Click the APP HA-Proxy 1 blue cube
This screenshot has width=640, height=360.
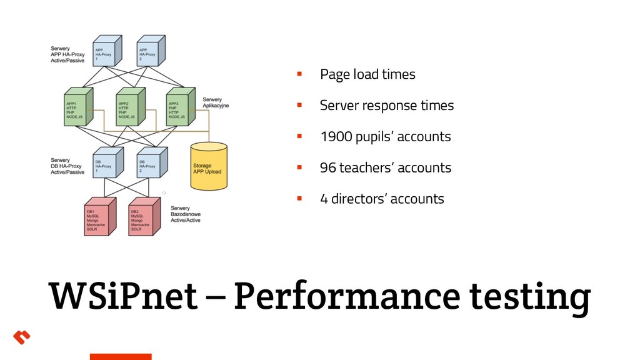(x=105, y=51)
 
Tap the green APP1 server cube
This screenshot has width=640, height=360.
(x=77, y=109)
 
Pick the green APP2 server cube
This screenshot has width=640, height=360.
(x=129, y=109)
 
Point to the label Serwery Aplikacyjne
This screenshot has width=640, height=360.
(x=216, y=102)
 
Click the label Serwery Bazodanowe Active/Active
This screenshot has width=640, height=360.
(x=186, y=214)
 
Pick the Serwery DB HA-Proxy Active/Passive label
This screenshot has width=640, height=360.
(x=67, y=166)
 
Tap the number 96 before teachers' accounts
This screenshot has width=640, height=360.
(x=327, y=168)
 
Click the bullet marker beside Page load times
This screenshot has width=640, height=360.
(x=299, y=74)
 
